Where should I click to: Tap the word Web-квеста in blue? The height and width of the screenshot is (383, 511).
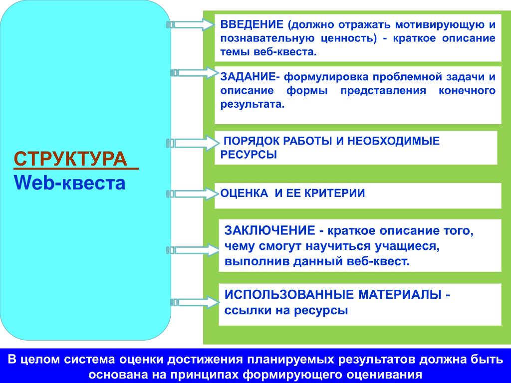tap(70, 183)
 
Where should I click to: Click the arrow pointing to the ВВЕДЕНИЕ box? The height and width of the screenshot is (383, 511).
tap(190, 24)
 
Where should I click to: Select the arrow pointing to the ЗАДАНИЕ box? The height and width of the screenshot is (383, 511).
tap(195, 73)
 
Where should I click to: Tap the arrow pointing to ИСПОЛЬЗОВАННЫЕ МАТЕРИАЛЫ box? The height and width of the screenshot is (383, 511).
tap(195, 302)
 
